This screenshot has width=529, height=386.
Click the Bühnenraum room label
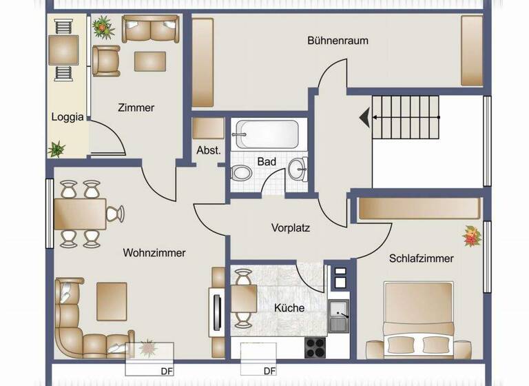coord(338,41)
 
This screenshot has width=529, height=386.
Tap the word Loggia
coord(68,117)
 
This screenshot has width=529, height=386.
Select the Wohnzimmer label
coord(154,253)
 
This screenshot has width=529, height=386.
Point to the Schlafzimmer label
coord(421,258)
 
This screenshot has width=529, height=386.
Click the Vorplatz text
coord(291,227)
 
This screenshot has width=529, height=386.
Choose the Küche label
coord(289,308)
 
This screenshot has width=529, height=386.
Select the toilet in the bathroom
coord(242,172)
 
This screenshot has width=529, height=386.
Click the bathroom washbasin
coord(298,167)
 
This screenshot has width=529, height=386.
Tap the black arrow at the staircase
coord(363,118)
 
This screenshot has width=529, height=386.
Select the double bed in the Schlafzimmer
coord(418,321)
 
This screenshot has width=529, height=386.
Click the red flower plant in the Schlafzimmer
coord(472,236)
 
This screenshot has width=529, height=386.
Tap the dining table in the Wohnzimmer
coord(81,214)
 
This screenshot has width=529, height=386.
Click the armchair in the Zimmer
coord(106,61)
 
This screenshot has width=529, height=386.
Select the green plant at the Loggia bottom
coord(56,148)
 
